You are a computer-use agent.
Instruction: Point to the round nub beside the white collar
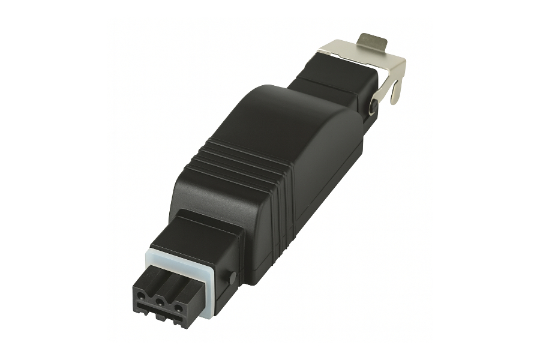[x=231, y=278]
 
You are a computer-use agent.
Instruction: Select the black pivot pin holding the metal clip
[x=374, y=107]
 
